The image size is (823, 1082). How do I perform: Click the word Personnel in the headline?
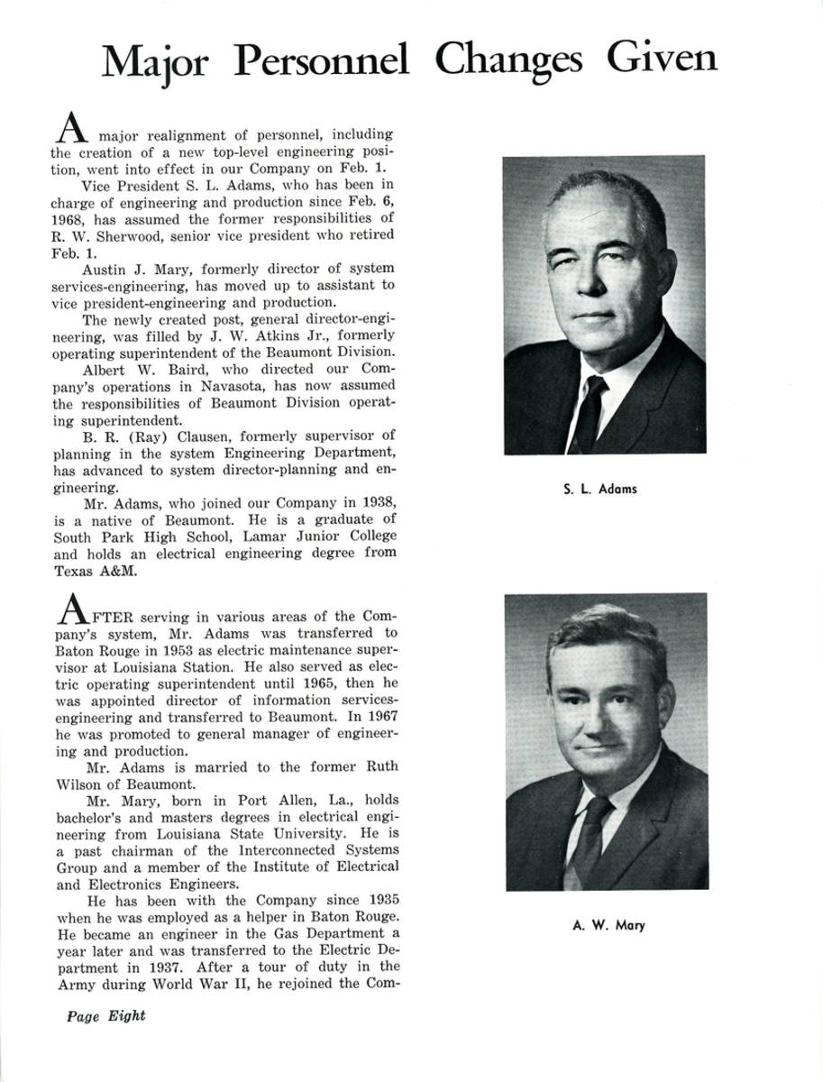tap(321, 61)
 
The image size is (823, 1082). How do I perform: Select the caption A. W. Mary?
tap(608, 924)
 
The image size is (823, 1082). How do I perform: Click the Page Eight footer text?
tap(106, 1015)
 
